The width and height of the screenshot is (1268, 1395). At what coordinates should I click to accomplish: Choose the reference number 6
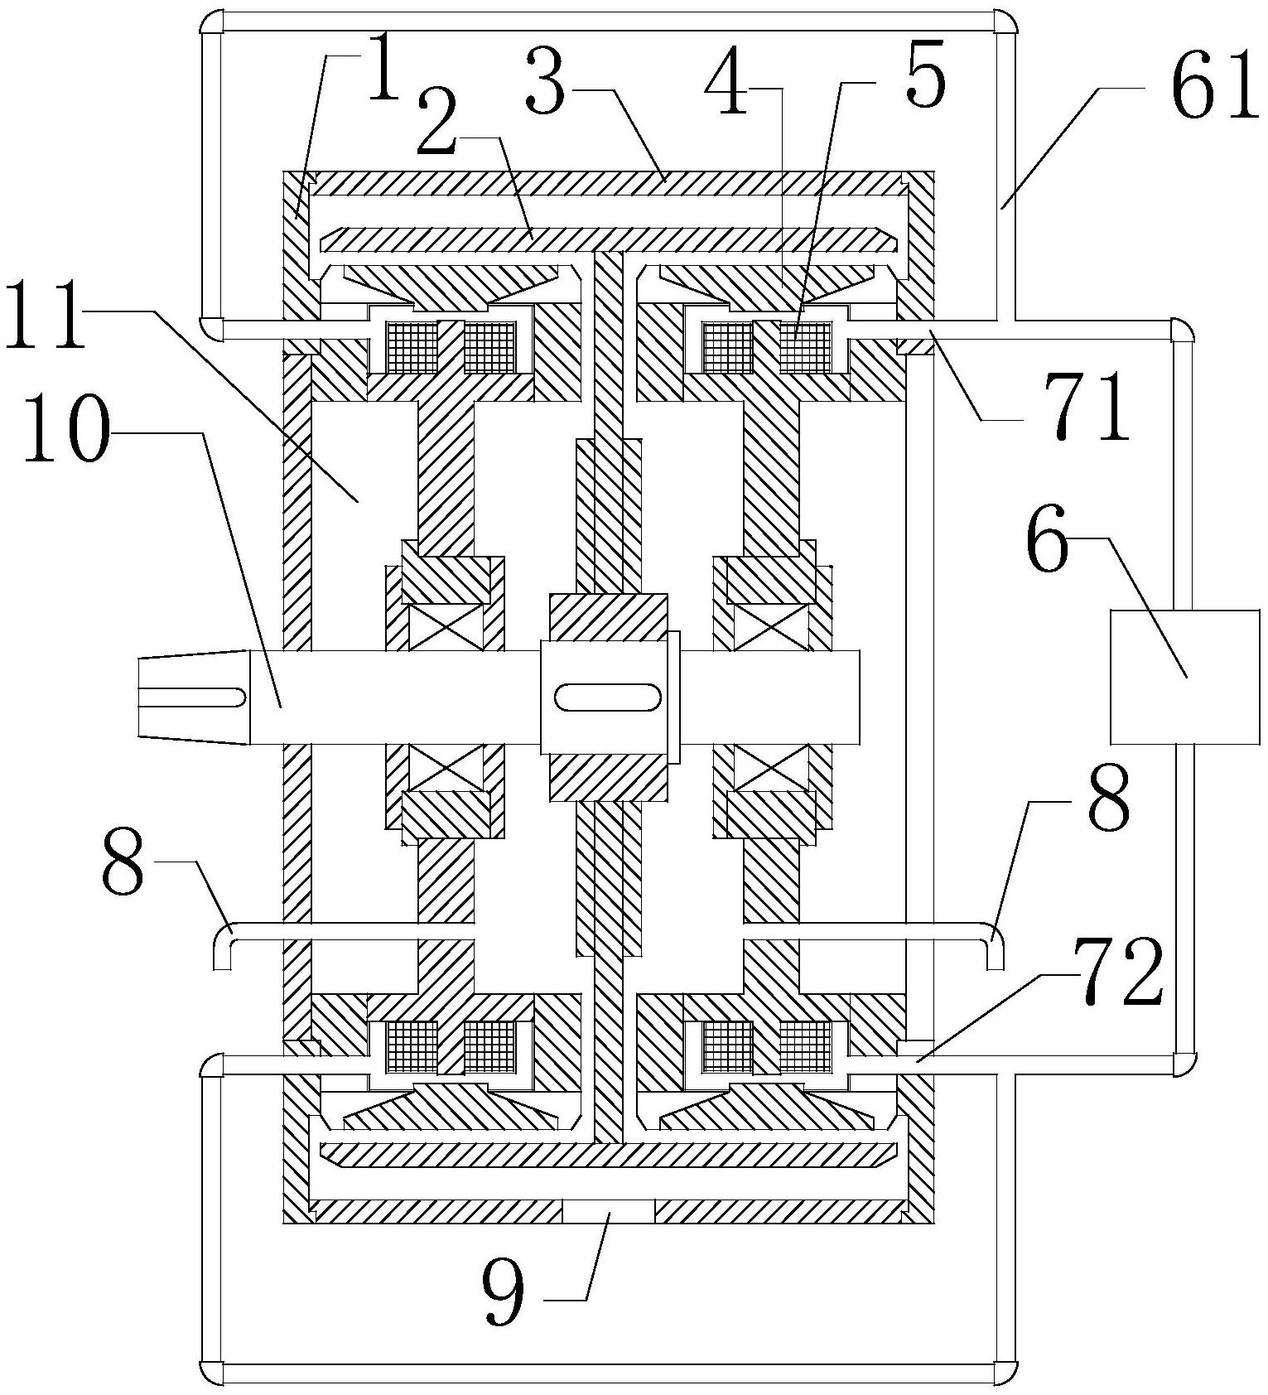click(1048, 544)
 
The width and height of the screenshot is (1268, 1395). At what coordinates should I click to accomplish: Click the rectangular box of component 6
click(1184, 677)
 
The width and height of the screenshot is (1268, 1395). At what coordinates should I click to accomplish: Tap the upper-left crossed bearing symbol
click(445, 627)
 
